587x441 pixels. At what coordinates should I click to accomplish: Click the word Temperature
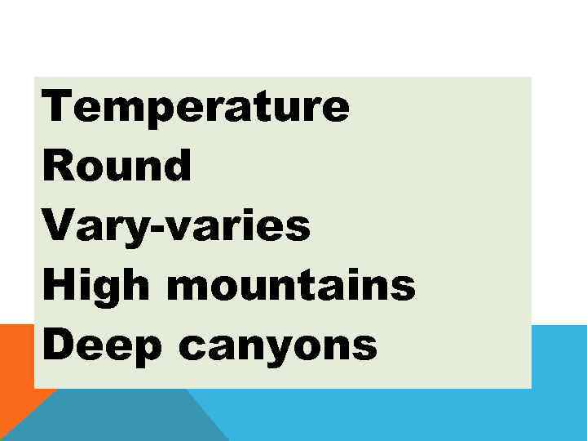[x=196, y=107]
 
